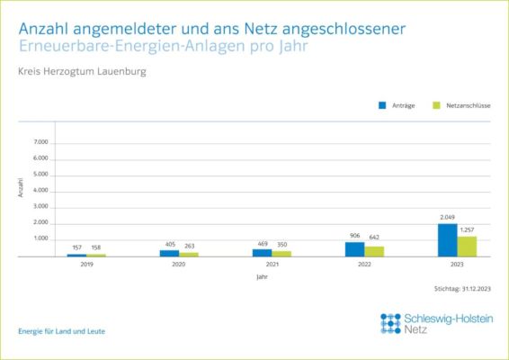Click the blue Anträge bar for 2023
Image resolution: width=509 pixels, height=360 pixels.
pyautogui.click(x=447, y=240)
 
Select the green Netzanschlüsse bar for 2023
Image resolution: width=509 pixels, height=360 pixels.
pyautogui.click(x=466, y=247)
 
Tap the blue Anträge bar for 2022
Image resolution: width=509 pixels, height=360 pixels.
pyautogui.click(x=354, y=249)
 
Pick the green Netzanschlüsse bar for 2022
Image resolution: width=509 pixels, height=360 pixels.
pyautogui.click(x=374, y=251)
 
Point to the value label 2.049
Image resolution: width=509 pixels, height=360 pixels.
pyautogui.click(x=447, y=218)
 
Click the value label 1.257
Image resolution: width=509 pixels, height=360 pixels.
pyautogui.click(x=467, y=230)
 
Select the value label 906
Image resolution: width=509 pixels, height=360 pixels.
pyautogui.click(x=354, y=236)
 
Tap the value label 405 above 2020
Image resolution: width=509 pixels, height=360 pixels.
pyautogui.click(x=169, y=244)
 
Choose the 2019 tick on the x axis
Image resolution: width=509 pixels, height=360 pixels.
pyautogui.click(x=86, y=265)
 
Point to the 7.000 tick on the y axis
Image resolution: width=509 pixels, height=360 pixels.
pyautogui.click(x=40, y=143)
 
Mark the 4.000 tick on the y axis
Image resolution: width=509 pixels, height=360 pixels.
pyautogui.click(x=40, y=191)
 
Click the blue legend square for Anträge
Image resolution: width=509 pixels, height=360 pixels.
pyautogui.click(x=382, y=105)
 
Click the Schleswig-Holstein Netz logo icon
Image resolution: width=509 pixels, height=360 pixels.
pyautogui.click(x=390, y=323)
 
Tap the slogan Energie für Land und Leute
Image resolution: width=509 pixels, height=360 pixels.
pyautogui.click(x=61, y=331)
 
